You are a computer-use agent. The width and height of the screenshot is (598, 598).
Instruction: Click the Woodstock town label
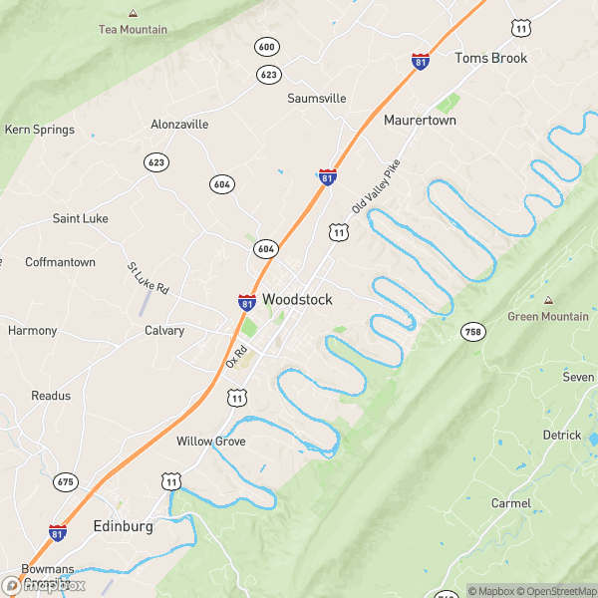pyautogui.click(x=297, y=299)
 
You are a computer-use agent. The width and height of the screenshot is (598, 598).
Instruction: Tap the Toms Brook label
pyautogui.click(x=490, y=58)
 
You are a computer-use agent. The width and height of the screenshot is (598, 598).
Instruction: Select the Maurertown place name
pyautogui.click(x=420, y=120)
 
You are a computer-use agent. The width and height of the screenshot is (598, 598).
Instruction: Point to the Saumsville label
pyautogui.click(x=317, y=99)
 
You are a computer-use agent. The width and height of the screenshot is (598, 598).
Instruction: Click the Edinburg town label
pyautogui.click(x=123, y=525)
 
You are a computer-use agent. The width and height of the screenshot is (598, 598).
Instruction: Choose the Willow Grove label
pyautogui.click(x=210, y=441)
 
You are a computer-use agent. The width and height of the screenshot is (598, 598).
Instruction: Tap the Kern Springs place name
pyautogui.click(x=40, y=130)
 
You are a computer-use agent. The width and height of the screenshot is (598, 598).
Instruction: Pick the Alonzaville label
pyautogui.click(x=179, y=125)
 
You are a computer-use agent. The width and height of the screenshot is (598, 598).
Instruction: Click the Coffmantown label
pyautogui.click(x=60, y=262)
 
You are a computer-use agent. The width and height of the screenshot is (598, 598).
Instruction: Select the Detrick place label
pyautogui.click(x=561, y=435)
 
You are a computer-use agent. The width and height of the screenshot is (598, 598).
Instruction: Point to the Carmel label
pyautogui.click(x=511, y=503)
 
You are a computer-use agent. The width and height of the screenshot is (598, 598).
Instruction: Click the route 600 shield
pyautogui.click(x=266, y=47)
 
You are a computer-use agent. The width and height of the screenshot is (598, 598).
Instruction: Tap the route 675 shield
pyautogui.click(x=66, y=481)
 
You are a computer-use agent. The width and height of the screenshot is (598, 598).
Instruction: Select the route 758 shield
pyautogui.click(x=472, y=331)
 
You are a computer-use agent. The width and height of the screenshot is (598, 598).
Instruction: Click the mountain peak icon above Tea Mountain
pyautogui.click(x=133, y=13)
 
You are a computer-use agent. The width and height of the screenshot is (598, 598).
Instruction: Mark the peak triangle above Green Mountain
pyautogui.click(x=547, y=300)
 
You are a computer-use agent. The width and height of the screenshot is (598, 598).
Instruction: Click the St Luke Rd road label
pyautogui.click(x=148, y=278)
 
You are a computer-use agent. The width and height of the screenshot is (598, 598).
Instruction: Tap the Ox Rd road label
pyautogui.click(x=235, y=356)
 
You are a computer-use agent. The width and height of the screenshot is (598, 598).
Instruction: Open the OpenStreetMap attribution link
pyautogui.click(x=549, y=591)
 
